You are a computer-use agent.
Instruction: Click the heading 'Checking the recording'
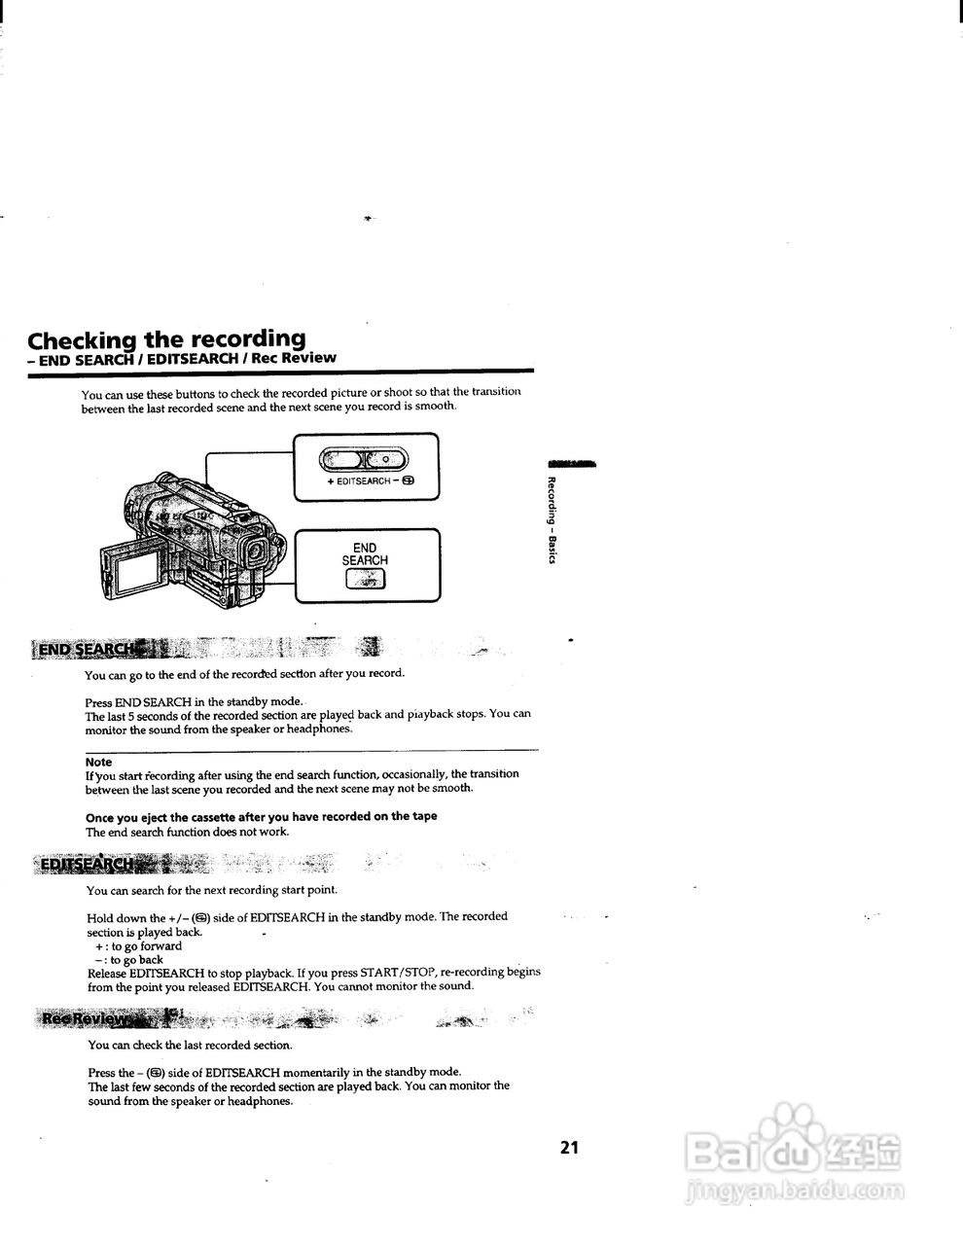tap(166, 339)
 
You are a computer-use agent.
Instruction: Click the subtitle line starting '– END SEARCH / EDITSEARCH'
tap(182, 358)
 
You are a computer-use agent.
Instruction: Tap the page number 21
tap(569, 1147)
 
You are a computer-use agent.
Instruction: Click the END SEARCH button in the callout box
tap(365, 579)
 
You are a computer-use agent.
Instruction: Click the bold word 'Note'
tap(98, 762)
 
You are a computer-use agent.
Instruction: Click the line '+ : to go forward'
tap(138, 945)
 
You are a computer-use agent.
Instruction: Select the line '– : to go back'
tap(129, 959)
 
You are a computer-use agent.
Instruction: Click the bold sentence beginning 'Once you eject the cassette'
tap(261, 816)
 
